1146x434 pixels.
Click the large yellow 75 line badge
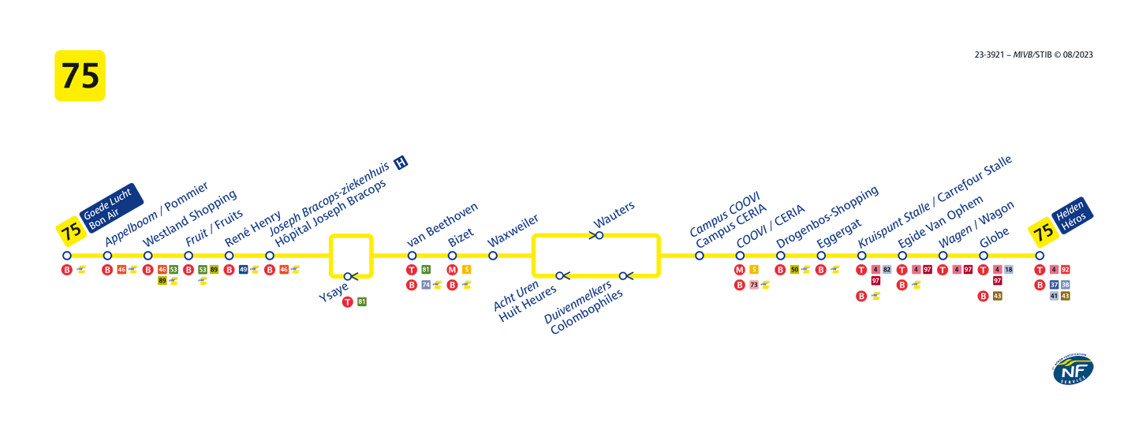(80, 76)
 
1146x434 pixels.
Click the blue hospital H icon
(401, 163)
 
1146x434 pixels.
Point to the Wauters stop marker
(599, 235)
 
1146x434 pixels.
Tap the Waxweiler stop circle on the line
(493, 256)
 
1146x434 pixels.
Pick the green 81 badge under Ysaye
(362, 301)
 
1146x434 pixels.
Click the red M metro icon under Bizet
(452, 270)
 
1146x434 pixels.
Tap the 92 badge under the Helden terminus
(1066, 270)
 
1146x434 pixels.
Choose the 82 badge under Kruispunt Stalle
(887, 270)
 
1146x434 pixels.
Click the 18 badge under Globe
(1008, 270)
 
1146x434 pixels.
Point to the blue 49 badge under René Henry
(244, 270)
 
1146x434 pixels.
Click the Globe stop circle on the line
(984, 256)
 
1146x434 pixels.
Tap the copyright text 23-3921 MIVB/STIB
(1033, 54)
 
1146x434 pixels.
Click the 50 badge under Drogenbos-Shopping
(794, 270)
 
